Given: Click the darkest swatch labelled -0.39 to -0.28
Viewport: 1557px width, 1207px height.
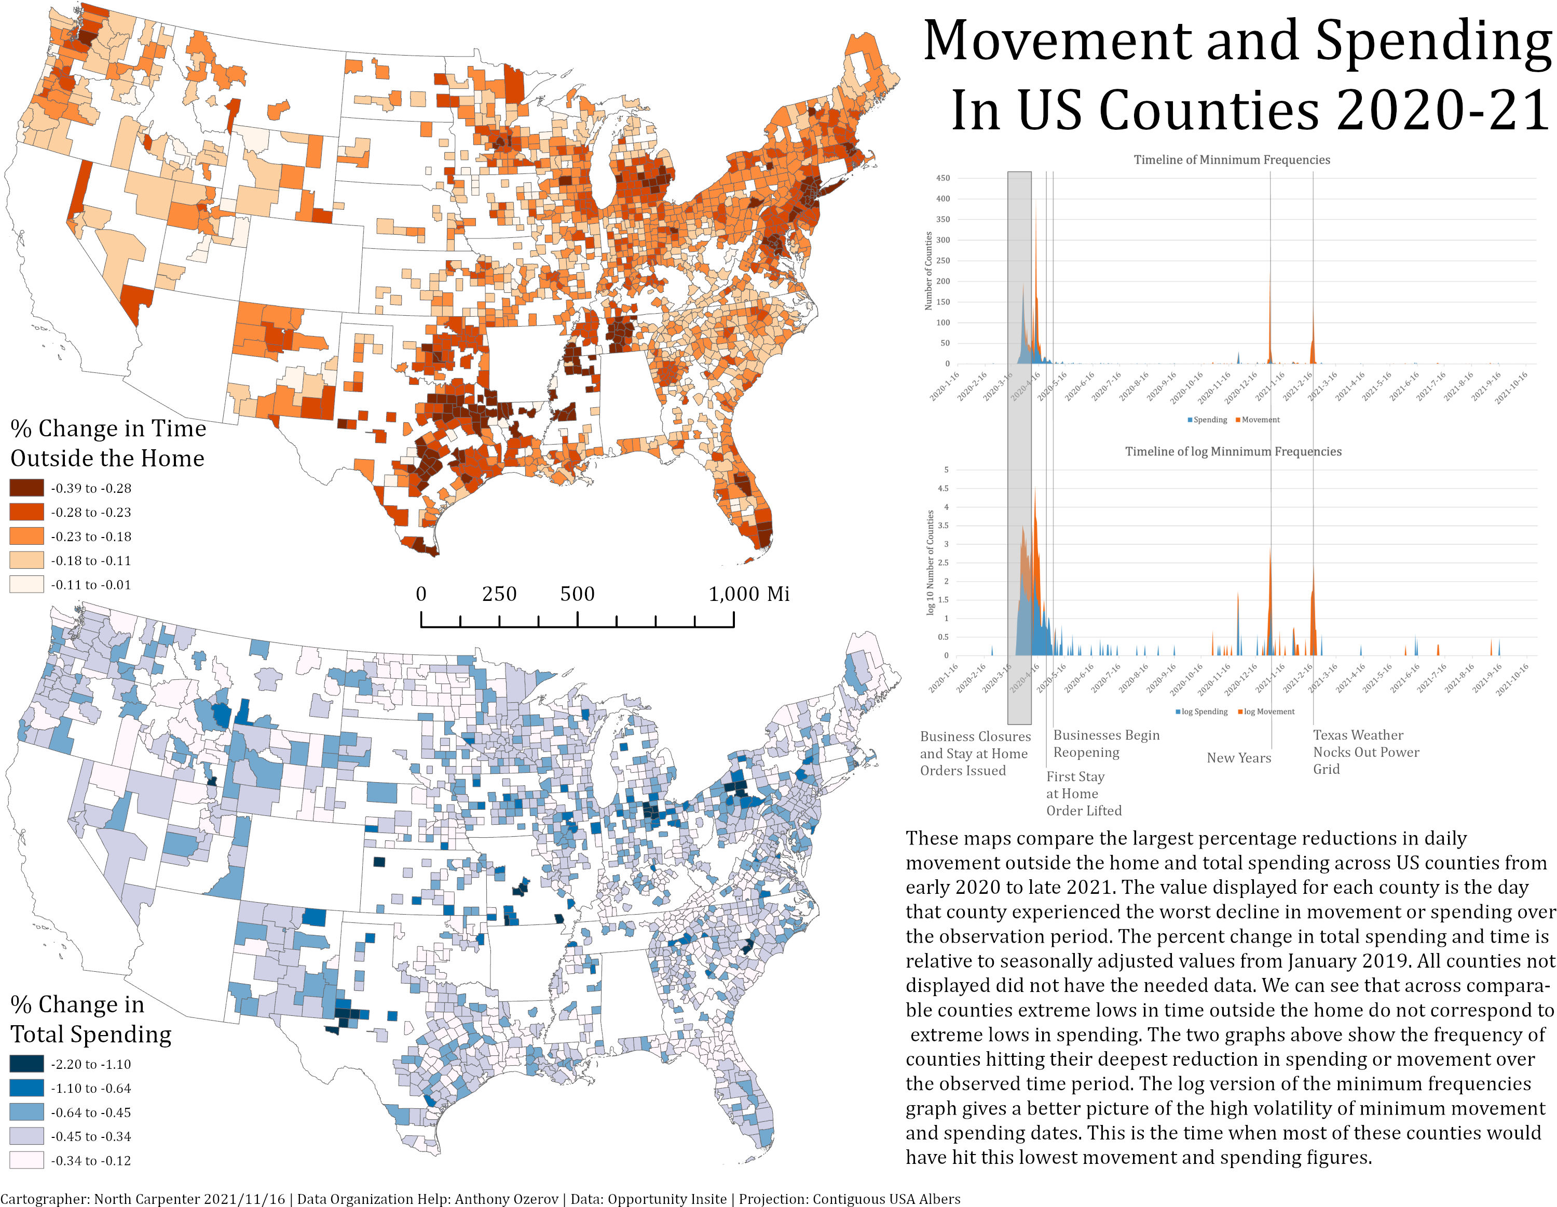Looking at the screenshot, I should [x=26, y=488].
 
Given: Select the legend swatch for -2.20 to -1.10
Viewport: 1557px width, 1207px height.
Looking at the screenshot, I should [x=26, y=1064].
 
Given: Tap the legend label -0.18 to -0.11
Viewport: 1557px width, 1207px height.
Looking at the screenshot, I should [x=90, y=561].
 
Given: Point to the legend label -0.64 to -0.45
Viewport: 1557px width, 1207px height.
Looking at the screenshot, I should [x=90, y=1112].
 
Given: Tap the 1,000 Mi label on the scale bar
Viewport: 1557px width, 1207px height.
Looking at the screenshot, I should [x=748, y=594].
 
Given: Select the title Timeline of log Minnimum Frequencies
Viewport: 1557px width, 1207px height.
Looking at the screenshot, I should [x=1233, y=451].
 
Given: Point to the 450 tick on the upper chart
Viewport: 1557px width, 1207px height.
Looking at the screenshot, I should [x=943, y=178].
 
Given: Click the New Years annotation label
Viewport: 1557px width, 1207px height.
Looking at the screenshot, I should [x=1238, y=758].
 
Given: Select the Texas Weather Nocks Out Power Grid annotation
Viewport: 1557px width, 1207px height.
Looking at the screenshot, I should [x=1365, y=752].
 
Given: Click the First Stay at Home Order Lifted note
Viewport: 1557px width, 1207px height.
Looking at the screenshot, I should [x=1083, y=793].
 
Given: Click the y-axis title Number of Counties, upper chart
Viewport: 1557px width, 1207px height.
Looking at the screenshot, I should [x=928, y=271].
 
